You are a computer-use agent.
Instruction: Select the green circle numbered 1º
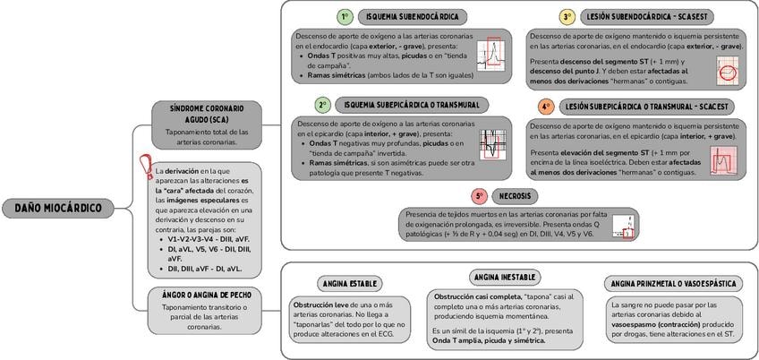345,17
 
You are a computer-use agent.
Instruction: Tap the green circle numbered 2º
322,106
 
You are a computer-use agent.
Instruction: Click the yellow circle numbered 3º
567,17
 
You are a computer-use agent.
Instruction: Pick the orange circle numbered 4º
546,107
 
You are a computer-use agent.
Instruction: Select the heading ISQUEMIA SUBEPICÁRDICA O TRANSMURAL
412,106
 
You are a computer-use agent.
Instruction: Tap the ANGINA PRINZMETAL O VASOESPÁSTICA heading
673,284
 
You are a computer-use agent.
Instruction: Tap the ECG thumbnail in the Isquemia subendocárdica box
492,52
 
